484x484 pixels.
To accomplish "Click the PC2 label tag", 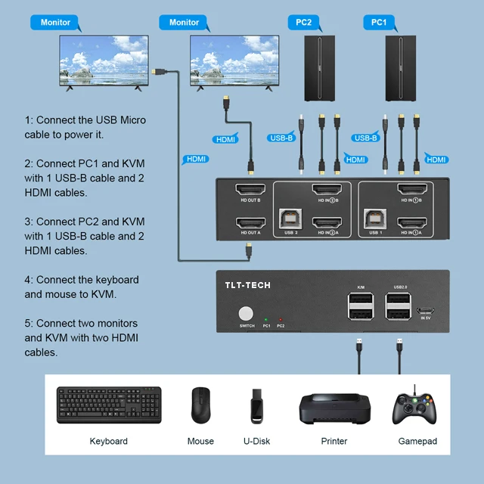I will pyautogui.click(x=303, y=23).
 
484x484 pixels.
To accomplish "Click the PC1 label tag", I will pyautogui.click(x=379, y=23).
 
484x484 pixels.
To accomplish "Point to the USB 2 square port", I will pyautogui.click(x=291, y=219).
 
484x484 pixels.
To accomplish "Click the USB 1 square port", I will pyautogui.click(x=376, y=219).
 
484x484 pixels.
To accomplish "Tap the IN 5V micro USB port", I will pyautogui.click(x=426, y=312).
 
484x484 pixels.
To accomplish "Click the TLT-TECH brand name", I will pyautogui.click(x=248, y=285).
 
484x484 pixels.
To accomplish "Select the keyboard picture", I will pyautogui.click(x=108, y=405).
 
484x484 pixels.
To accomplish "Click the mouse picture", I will pyautogui.click(x=200, y=405).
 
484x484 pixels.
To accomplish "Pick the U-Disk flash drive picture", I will pyautogui.click(x=257, y=405).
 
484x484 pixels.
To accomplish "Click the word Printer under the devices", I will pyautogui.click(x=334, y=441).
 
